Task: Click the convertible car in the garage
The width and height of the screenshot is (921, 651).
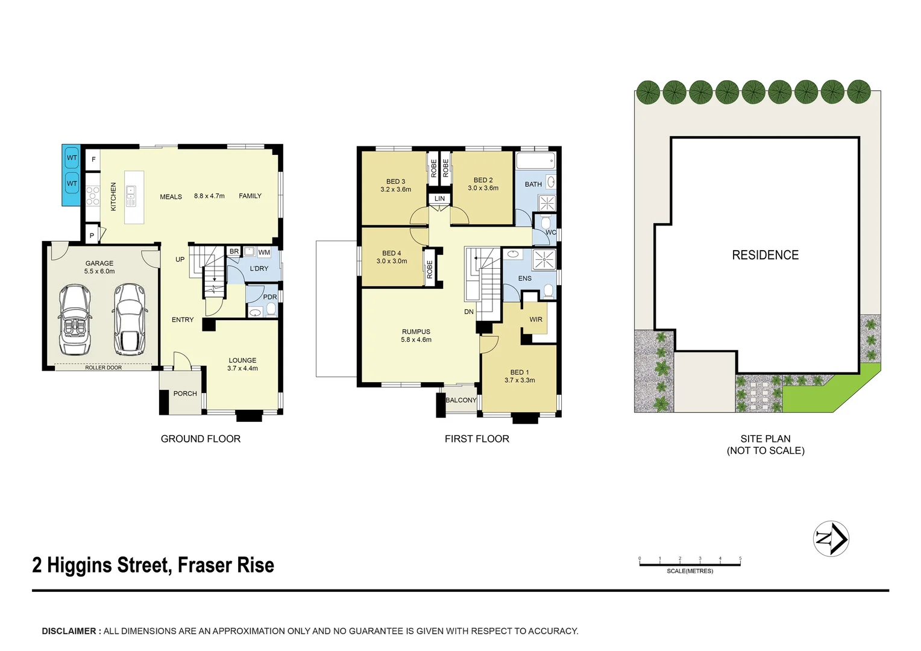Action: tap(75, 320)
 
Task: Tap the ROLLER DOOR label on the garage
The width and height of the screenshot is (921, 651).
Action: tap(103, 368)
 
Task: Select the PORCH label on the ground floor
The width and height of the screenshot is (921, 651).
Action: tap(185, 394)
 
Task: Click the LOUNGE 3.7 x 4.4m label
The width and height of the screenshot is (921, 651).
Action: tap(242, 364)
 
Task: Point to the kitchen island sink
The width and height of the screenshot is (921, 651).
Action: tap(131, 192)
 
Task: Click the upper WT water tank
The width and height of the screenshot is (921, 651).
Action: tap(72, 158)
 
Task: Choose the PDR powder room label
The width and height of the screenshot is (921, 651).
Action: tap(270, 297)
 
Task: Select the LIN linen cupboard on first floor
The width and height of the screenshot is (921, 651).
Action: tap(439, 198)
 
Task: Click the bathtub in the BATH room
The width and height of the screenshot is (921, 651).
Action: tap(535, 161)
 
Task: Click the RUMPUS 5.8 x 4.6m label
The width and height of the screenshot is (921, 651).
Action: tap(416, 336)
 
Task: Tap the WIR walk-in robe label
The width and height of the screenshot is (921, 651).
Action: tap(536, 319)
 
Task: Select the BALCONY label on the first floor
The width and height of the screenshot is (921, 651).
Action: tap(461, 400)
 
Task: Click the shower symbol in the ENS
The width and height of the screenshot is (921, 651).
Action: tap(544, 260)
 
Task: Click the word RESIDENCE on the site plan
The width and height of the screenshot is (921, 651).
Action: tap(765, 255)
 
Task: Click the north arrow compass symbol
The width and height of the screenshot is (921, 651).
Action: tap(831, 538)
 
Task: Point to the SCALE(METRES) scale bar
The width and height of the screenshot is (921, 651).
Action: tap(690, 564)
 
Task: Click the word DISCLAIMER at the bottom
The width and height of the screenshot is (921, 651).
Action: tap(69, 631)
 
